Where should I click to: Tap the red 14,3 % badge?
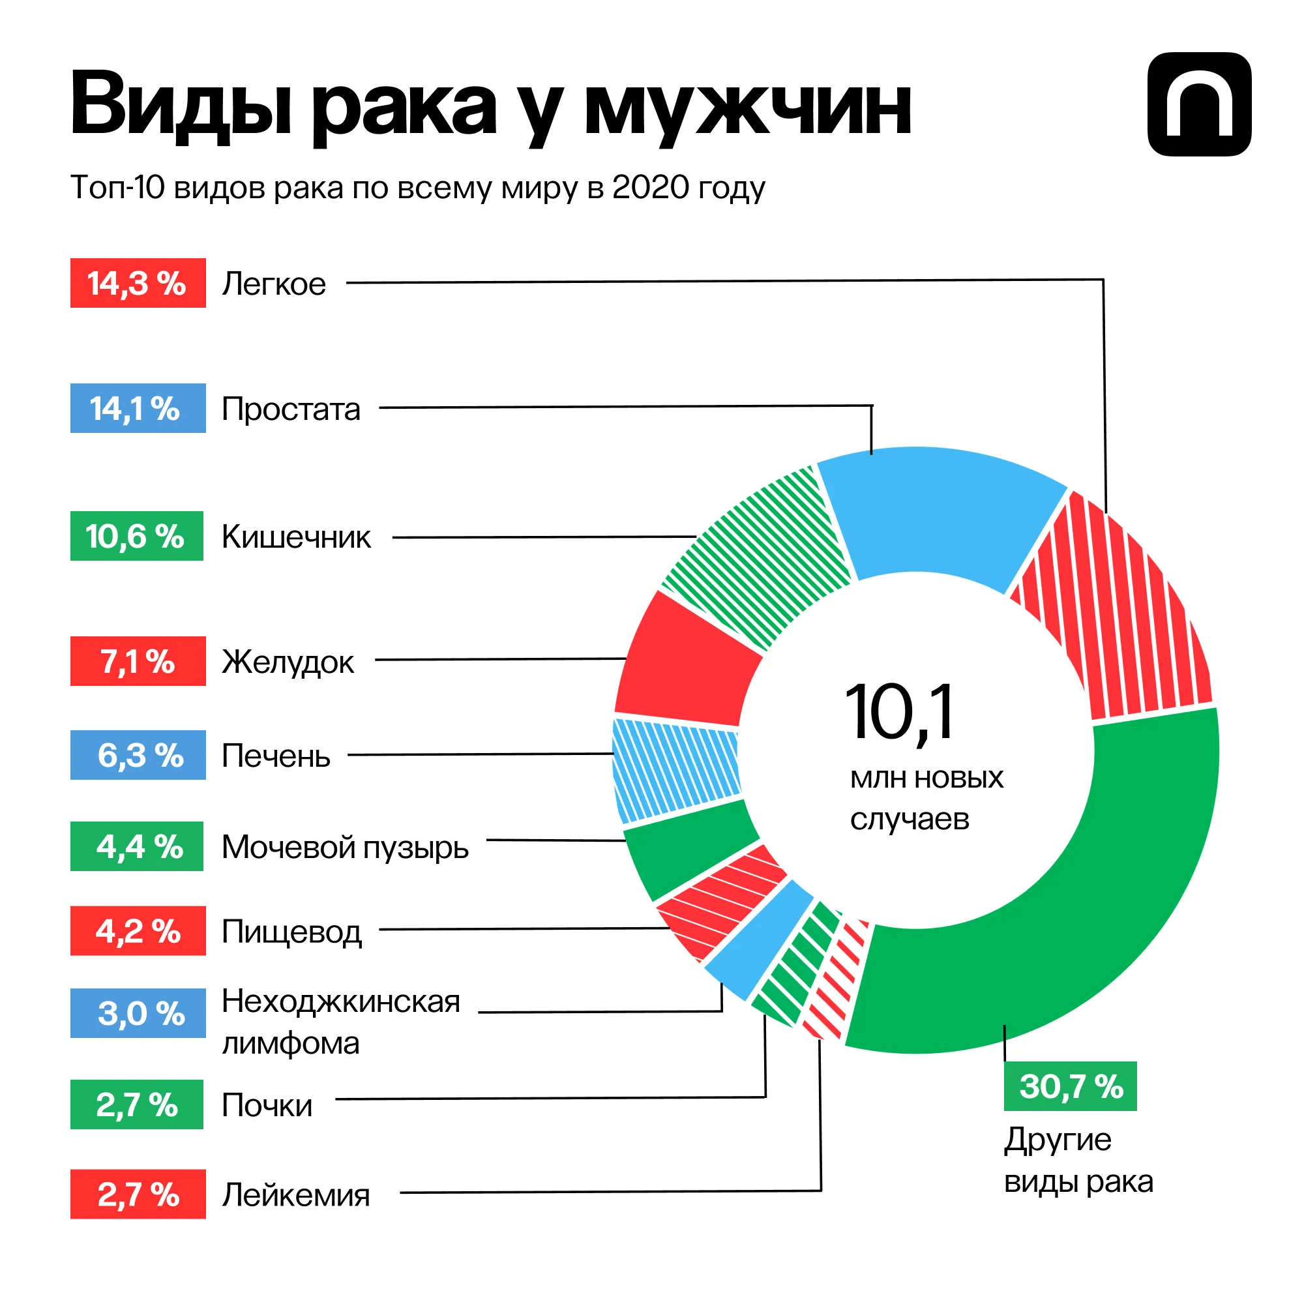pyautogui.click(x=138, y=283)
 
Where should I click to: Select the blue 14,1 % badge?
pyautogui.click(x=138, y=408)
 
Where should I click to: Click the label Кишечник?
pyautogui.click(x=295, y=537)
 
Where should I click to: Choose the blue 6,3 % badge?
pyautogui.click(x=138, y=755)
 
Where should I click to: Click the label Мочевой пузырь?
pyautogui.click(x=345, y=847)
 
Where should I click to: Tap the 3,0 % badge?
pyautogui.click(x=138, y=1013)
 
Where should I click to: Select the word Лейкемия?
pyautogui.click(x=295, y=1194)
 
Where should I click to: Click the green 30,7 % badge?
pyautogui.click(x=1070, y=1087)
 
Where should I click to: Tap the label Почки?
pyautogui.click(x=267, y=1106)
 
